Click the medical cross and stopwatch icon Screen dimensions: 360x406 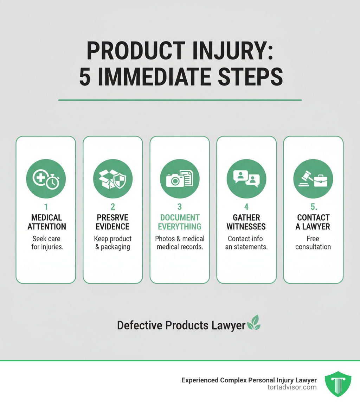pos(46,178)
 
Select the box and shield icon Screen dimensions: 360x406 pos(112,178)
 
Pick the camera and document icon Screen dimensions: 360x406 pos(179,178)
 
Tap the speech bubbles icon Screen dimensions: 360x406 pos(246,178)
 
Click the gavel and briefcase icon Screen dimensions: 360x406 pos(313,178)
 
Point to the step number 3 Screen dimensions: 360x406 pos(179,207)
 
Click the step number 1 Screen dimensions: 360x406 pos(46,207)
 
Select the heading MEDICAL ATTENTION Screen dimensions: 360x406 pos(46,222)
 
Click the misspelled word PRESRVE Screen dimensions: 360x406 pos(112,217)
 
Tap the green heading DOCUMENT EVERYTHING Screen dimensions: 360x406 pos(180,222)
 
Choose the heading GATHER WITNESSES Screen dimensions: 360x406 pos(246,222)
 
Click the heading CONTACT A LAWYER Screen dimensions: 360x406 pos(313,222)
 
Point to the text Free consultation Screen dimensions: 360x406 pos(313,242)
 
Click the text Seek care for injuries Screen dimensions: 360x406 pos(46,242)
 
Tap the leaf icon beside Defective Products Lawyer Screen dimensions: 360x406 pos(254,323)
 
